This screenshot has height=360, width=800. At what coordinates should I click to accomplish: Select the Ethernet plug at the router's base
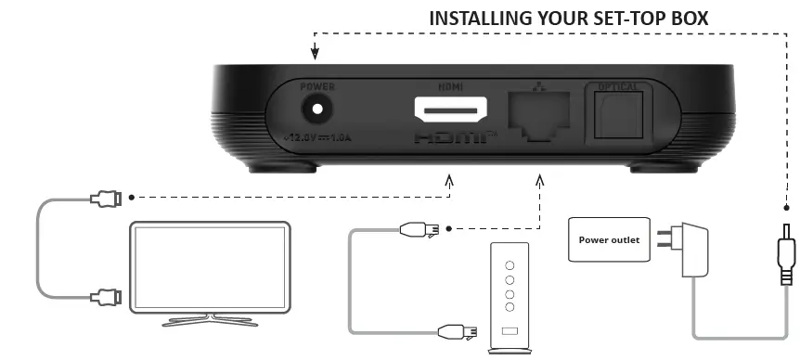(x=460, y=330)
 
